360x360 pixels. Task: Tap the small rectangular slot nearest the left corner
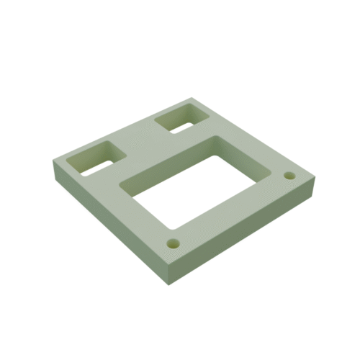click(94, 158)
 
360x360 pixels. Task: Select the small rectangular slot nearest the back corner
click(181, 117)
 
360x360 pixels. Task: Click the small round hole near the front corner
click(173, 241)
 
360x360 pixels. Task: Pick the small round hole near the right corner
click(289, 176)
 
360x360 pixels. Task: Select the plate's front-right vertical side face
click(245, 234)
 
